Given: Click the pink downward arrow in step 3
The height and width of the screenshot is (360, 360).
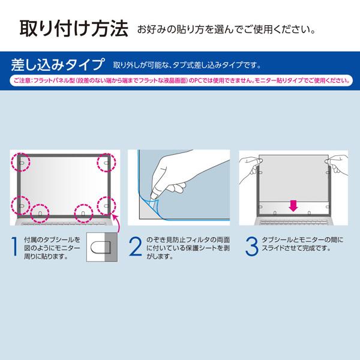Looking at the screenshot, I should click(293, 206).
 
